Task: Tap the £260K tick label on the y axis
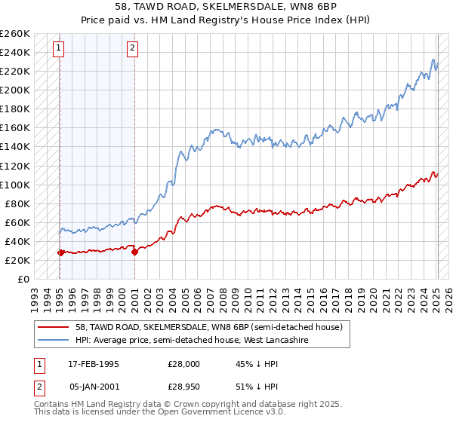coord(14,34)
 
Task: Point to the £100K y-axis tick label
coord(14,185)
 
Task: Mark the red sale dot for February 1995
coord(60,253)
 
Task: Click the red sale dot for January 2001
coord(134,252)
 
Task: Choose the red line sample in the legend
coord(53,327)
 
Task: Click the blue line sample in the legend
coord(53,340)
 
